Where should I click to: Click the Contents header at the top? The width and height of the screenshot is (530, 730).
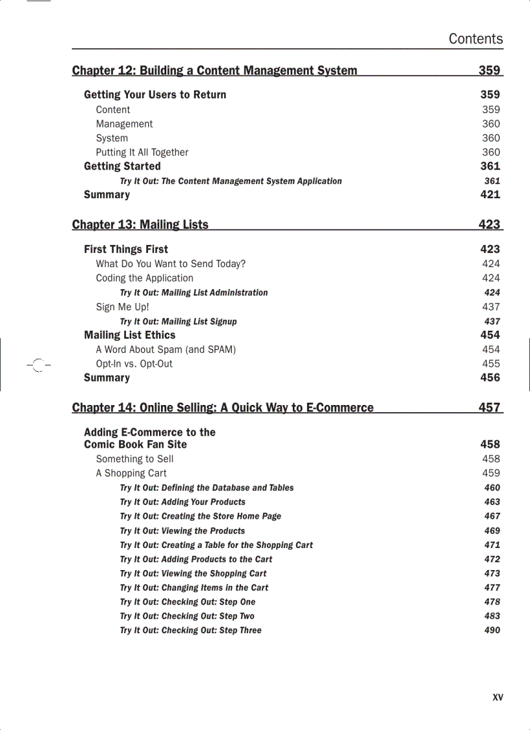[x=475, y=39]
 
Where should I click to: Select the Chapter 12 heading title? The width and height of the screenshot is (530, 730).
[x=214, y=70]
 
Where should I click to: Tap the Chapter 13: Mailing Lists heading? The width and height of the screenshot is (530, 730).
[x=140, y=225]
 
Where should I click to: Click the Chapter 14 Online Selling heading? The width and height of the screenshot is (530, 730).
[x=223, y=408]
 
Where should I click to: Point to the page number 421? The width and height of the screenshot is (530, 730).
[x=490, y=194]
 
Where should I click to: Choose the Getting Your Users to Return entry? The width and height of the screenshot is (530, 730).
[x=155, y=95]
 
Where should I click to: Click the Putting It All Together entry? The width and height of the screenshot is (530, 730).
[x=142, y=152]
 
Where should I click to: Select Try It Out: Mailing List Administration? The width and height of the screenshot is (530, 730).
[x=194, y=293]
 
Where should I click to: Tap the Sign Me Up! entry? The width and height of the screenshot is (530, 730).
[x=123, y=307]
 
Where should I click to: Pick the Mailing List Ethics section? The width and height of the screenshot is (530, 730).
[x=130, y=335]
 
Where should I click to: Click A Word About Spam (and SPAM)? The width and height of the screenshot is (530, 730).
[x=166, y=350]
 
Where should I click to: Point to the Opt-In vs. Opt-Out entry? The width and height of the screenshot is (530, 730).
[x=134, y=364]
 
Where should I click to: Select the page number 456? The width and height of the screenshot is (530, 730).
[x=490, y=378]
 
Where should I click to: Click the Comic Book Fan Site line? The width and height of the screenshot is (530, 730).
[x=135, y=445]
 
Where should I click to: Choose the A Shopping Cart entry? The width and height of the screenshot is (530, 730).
[x=131, y=473]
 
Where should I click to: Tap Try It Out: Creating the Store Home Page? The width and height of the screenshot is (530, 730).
[x=200, y=516]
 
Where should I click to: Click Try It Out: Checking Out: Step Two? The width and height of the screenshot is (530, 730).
[x=187, y=616]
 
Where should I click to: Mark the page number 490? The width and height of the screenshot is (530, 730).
[x=492, y=630]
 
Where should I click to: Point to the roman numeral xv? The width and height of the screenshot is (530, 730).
[x=498, y=697]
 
